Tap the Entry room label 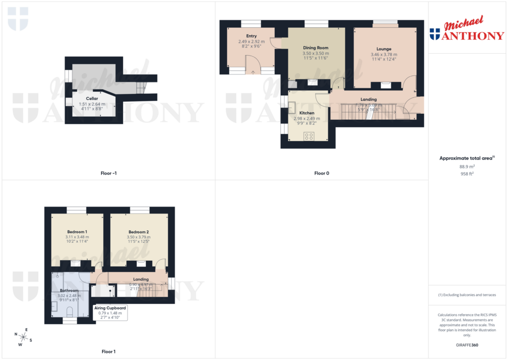pyautogui.click(x=251, y=36)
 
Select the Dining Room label pyautogui.click(x=316, y=48)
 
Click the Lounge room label pyautogui.click(x=384, y=49)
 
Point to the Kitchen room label pyautogui.click(x=306, y=113)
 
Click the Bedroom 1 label pyautogui.click(x=77, y=232)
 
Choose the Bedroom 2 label pyautogui.click(x=138, y=232)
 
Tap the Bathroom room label pyautogui.click(x=69, y=290)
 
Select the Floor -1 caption pyautogui.click(x=108, y=173)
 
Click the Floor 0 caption pyautogui.click(x=321, y=173)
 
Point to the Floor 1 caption pyautogui.click(x=108, y=352)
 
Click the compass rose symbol pyautogui.click(x=23, y=336)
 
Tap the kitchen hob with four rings pyautogui.click(x=309, y=136)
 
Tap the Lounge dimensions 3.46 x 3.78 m pyautogui.click(x=384, y=55)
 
